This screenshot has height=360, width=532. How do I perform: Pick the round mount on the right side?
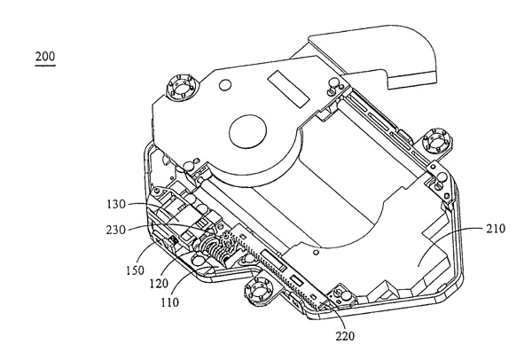(x=437, y=140)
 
